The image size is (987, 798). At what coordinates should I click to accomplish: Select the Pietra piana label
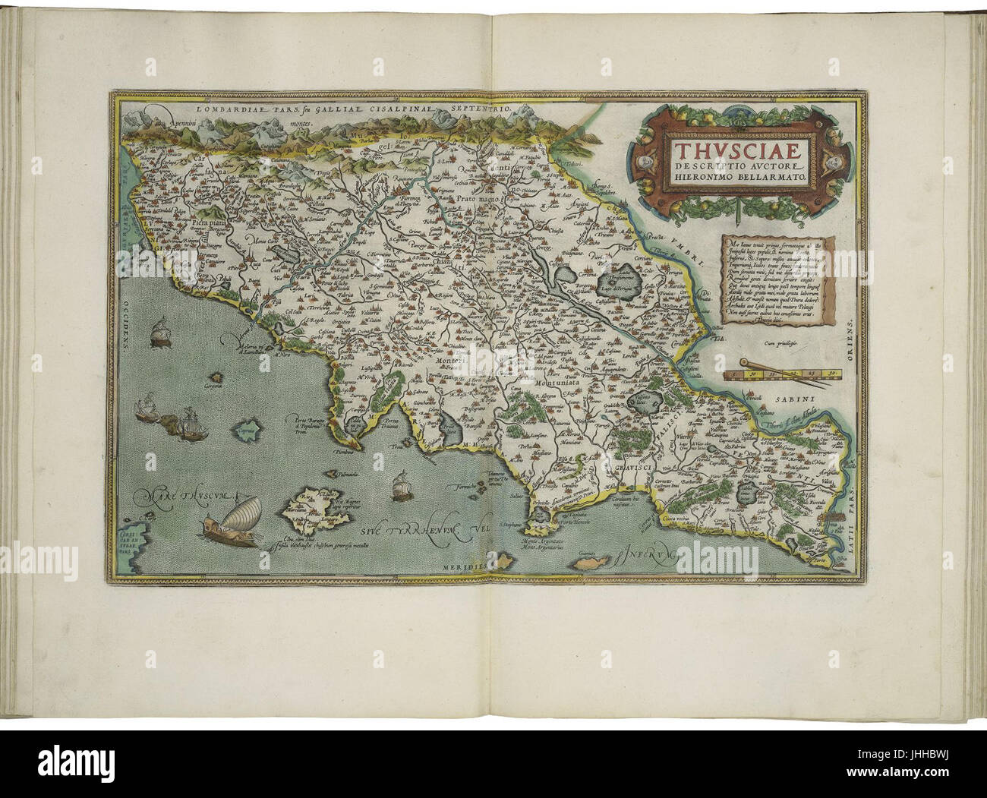[x=210, y=222]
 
